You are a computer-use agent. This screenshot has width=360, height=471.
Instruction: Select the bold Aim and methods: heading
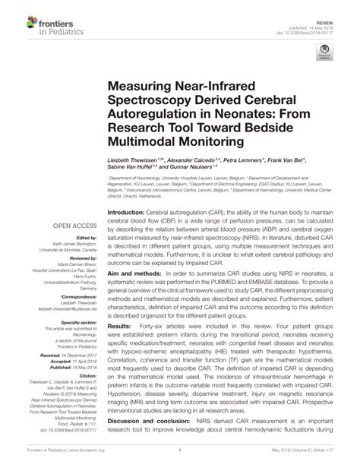pos(134,272)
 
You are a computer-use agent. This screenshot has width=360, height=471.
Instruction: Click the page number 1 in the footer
pos(179,458)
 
